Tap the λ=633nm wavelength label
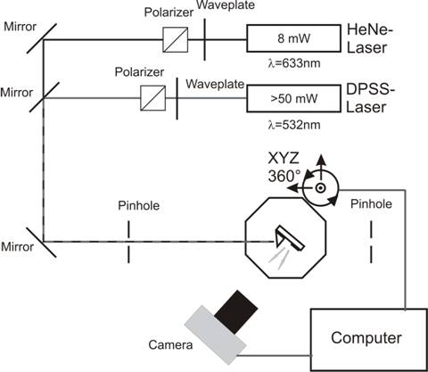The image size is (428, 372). pyautogui.click(x=294, y=63)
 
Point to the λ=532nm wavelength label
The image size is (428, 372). pyautogui.click(x=294, y=125)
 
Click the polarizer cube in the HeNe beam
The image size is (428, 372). pyautogui.click(x=176, y=39)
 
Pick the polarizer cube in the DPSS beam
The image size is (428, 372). pyautogui.click(x=153, y=98)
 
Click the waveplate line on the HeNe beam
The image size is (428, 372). pyautogui.click(x=204, y=39)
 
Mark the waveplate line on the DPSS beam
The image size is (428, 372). pyautogui.click(x=177, y=98)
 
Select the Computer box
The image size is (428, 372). pyautogui.click(x=369, y=340)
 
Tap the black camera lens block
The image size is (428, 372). pyautogui.click(x=236, y=312)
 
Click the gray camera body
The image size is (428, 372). pyautogui.click(x=216, y=335)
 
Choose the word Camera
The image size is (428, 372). pyautogui.click(x=170, y=345)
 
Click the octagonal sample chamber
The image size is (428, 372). pyautogui.click(x=285, y=237)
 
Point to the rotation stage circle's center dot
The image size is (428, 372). pyautogui.click(x=320, y=187)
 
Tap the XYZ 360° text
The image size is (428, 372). pyautogui.click(x=284, y=168)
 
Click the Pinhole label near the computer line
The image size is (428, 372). pyautogui.click(x=371, y=204)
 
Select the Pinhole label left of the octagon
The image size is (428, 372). pyautogui.click(x=139, y=205)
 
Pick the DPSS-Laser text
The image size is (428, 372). pyautogui.click(x=368, y=98)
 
